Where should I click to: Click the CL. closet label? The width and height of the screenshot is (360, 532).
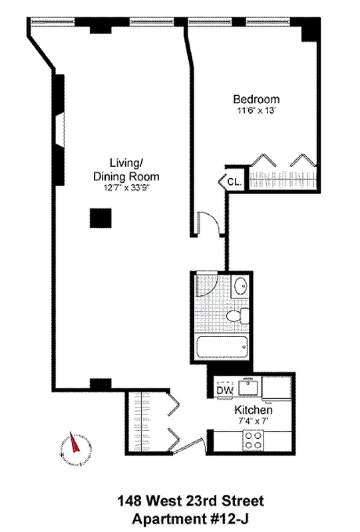234,181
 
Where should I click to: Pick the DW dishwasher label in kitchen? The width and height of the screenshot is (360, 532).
224,390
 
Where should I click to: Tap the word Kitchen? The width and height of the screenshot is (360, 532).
254,410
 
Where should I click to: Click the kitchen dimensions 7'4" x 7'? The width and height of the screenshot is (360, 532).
254,422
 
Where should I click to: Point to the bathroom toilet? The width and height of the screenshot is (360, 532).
236,317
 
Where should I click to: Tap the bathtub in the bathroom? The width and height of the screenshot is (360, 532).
224,348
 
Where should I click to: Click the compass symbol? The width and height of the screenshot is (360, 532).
75,448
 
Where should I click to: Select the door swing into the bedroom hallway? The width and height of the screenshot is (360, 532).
208,223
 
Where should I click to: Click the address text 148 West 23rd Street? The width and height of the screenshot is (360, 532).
180,500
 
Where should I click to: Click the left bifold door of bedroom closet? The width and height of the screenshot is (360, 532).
264,160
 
